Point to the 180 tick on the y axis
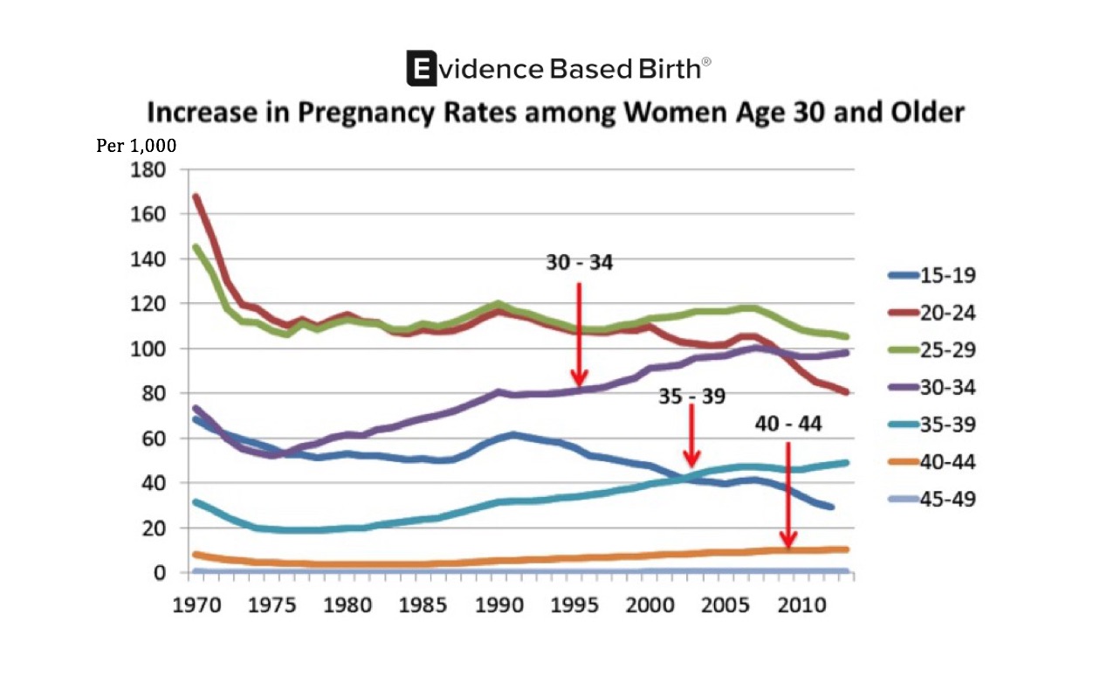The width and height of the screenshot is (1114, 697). click(148, 169)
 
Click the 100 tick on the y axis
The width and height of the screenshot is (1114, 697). click(148, 348)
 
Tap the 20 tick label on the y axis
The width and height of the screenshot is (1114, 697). click(154, 528)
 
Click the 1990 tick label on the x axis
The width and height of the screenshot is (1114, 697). click(499, 604)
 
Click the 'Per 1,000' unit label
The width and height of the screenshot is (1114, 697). click(136, 146)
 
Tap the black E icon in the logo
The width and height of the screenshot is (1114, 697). click(422, 68)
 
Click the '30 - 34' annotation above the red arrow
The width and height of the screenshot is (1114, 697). click(579, 262)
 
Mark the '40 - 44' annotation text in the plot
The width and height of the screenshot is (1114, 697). click(788, 424)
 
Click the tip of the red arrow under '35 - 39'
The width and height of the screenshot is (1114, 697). click(691, 465)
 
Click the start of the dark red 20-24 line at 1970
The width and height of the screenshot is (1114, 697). click(195, 197)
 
